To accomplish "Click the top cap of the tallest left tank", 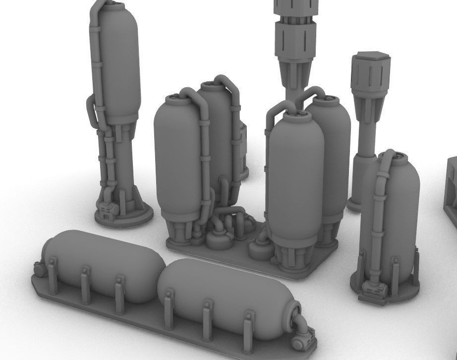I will tap(114, 7).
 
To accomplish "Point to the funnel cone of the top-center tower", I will tap(296, 74).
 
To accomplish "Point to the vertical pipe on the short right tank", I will tap(380, 223).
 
